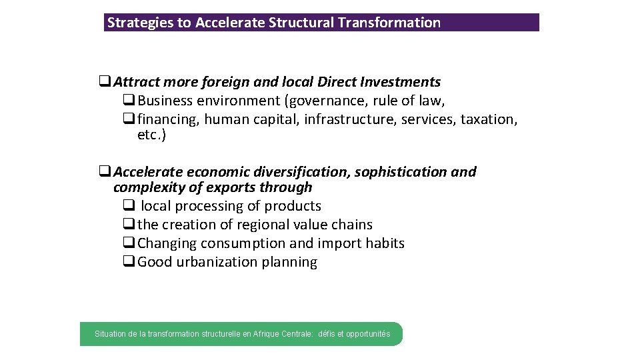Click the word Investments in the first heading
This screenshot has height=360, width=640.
pyautogui.click(x=401, y=82)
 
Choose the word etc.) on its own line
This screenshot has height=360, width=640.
pyautogui.click(x=151, y=135)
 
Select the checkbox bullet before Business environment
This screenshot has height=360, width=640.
pyautogui.click(x=129, y=101)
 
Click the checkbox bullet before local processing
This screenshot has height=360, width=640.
pyautogui.click(x=129, y=206)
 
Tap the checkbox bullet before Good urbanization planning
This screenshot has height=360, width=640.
pyautogui.click(x=129, y=262)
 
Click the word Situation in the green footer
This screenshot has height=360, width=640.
pyautogui.click(x=110, y=333)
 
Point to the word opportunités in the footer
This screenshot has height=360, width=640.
pyautogui.click(x=367, y=333)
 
